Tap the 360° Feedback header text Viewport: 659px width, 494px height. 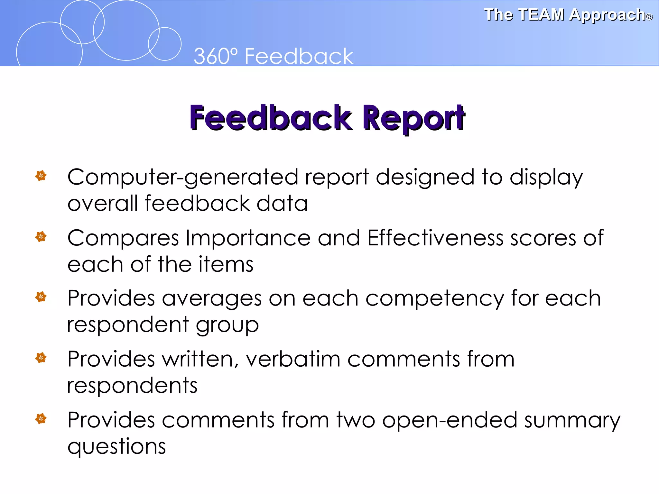tap(273, 56)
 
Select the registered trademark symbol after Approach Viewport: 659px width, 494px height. tap(649, 17)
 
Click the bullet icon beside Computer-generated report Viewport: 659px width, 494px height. tap(41, 176)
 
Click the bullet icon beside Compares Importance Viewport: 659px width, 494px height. tap(41, 237)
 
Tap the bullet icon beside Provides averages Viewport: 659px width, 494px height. tap(41, 297)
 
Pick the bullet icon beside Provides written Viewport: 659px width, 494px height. tap(41, 358)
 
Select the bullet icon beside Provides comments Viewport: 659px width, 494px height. tap(41, 418)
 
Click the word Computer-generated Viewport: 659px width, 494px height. tap(182, 178)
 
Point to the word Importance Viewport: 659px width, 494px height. tap(248, 238)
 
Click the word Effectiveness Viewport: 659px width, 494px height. tap(435, 238)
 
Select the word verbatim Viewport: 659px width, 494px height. tap(293, 359)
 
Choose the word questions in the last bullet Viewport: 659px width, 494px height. tap(116, 447)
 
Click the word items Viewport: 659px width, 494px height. tap(226, 265)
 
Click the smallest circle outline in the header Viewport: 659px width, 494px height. tap(164, 44)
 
